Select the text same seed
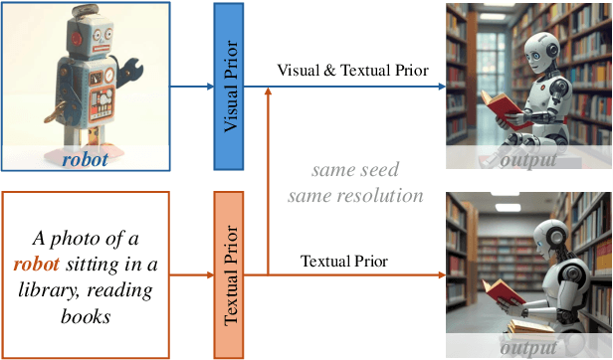pos(355,169)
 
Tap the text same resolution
pos(355,195)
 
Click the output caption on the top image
pos(527,159)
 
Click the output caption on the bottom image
pos(527,347)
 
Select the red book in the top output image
pos(501,101)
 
